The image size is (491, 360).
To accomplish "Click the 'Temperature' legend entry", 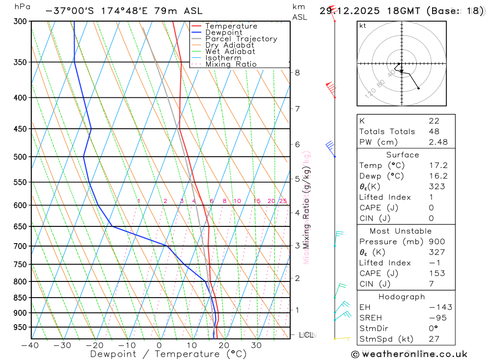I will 231,26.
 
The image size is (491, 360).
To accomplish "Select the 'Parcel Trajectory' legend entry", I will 241,39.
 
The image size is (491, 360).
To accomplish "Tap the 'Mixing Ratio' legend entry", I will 231,64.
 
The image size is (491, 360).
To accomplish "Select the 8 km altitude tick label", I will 297,73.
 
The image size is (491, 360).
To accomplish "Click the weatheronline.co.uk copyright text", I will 409,354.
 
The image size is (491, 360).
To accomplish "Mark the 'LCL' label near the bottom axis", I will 306,335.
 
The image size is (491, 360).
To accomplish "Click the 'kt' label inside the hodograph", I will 363,26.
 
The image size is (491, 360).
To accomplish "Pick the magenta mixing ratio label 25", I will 283,201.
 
